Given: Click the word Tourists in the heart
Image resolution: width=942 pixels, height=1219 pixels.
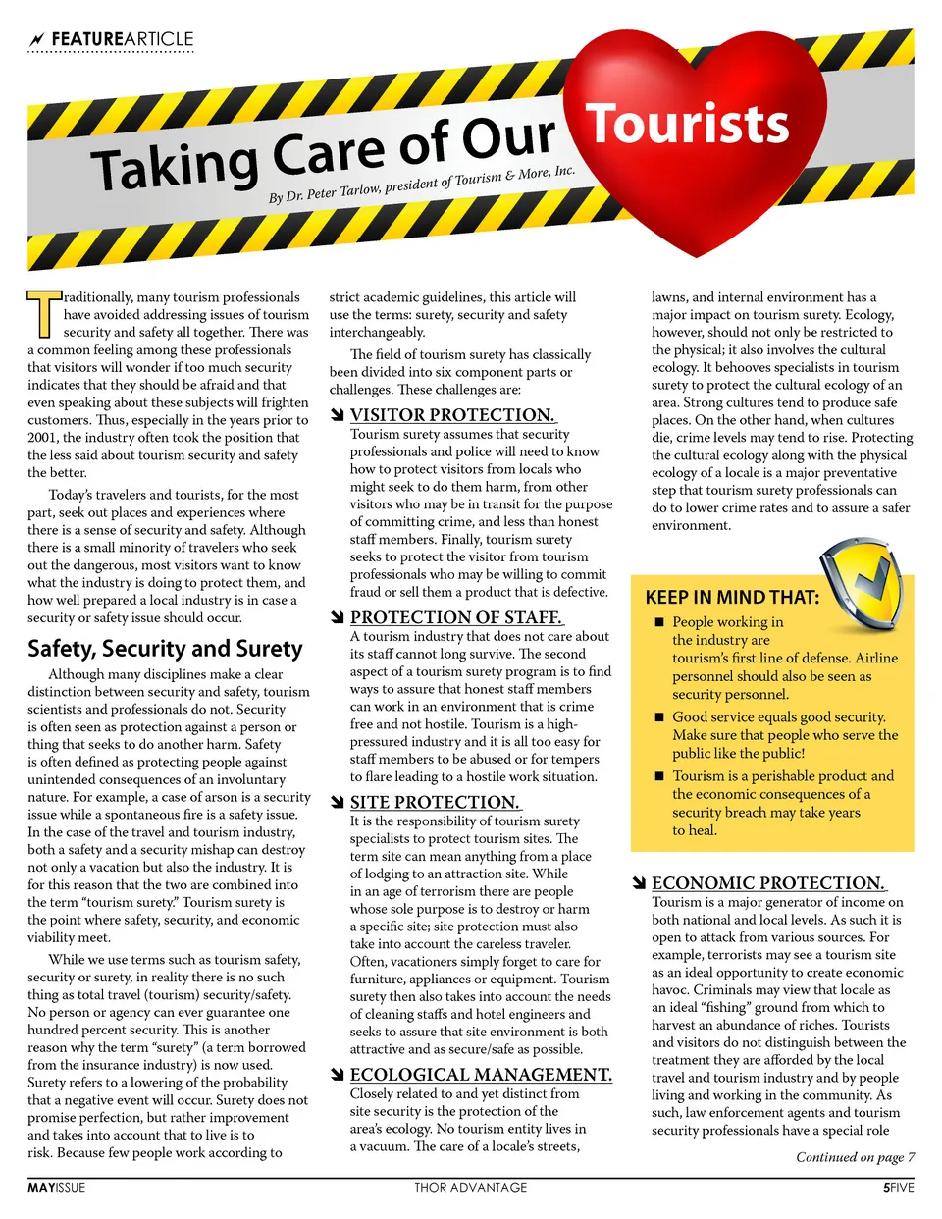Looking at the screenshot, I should (x=687, y=125).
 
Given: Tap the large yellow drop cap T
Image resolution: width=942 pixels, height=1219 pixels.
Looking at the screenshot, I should (x=43, y=313).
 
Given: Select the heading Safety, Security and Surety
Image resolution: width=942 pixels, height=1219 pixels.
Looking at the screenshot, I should (x=165, y=648).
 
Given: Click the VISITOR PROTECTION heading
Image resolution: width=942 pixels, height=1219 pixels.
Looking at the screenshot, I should (x=452, y=415).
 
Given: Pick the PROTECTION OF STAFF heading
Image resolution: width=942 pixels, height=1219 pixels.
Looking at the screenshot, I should (x=456, y=617).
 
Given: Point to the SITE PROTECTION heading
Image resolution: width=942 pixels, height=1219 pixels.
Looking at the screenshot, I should (x=435, y=802).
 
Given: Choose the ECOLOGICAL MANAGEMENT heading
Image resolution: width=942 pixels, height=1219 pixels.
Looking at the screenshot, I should (x=481, y=1075).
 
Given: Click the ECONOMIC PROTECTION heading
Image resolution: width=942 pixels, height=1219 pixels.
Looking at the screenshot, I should (x=768, y=883).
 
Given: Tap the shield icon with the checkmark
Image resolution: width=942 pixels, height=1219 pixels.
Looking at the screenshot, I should (x=861, y=589).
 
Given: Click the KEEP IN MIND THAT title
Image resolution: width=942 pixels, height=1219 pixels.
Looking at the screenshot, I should (x=732, y=597).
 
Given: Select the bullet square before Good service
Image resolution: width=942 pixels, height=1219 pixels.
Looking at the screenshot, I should (x=660, y=717).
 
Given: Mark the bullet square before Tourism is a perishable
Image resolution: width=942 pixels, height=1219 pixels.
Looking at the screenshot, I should (x=660, y=776).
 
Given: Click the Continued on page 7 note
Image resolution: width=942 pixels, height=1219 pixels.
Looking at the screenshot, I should (x=855, y=1157).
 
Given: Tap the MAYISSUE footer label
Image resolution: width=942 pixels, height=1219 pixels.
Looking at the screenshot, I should (x=56, y=1188).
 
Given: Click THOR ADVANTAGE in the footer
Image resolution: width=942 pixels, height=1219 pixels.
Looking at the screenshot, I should (x=470, y=1188).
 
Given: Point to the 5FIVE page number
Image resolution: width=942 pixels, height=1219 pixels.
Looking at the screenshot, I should (x=898, y=1188).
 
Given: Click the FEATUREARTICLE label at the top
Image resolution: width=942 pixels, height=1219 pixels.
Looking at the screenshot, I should (x=122, y=39).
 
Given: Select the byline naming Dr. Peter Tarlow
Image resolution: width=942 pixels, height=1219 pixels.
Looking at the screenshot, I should (x=422, y=185).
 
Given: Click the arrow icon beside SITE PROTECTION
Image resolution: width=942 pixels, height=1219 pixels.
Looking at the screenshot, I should (x=338, y=803).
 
